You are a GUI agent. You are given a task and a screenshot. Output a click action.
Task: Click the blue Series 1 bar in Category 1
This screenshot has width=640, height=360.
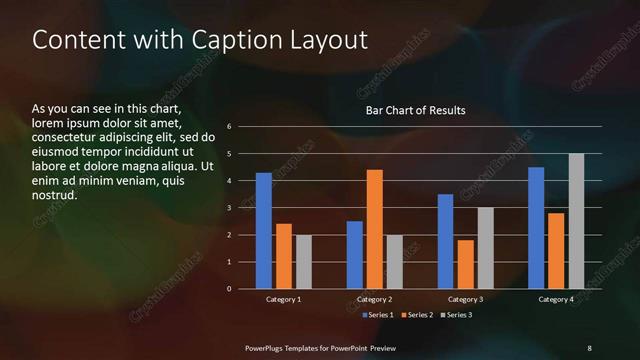point(263,231)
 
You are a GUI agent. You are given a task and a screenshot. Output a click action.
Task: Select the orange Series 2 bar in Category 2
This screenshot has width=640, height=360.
point(375,229)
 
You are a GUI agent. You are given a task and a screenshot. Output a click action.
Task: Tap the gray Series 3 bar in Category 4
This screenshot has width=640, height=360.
point(576,221)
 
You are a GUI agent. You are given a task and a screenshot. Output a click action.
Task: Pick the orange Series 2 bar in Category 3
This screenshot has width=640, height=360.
point(466,264)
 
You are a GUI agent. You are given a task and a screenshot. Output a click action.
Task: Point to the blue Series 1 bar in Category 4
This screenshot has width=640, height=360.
point(536,228)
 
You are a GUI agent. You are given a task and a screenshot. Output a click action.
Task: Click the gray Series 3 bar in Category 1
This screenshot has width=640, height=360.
point(304,262)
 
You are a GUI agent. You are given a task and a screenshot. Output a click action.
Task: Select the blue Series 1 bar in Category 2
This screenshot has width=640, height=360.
point(355,255)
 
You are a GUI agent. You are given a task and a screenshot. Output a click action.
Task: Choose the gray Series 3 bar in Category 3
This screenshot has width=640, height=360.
point(486,248)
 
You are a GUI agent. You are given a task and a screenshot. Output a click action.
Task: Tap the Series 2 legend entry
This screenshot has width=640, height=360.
point(418,315)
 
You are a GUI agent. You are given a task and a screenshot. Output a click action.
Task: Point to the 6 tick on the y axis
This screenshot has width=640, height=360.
point(230,127)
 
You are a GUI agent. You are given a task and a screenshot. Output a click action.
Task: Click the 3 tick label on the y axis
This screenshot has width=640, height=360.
point(230,208)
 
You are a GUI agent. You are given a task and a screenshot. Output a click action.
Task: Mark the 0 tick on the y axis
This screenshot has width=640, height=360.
point(230,289)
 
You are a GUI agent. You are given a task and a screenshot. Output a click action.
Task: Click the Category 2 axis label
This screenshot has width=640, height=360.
point(374,299)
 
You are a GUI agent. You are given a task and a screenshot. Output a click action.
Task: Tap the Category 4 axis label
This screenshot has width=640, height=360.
point(556,299)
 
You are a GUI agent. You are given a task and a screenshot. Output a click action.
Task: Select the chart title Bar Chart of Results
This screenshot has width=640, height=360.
point(416,110)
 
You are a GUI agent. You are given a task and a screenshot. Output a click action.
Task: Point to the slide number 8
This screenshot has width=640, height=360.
point(589,347)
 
